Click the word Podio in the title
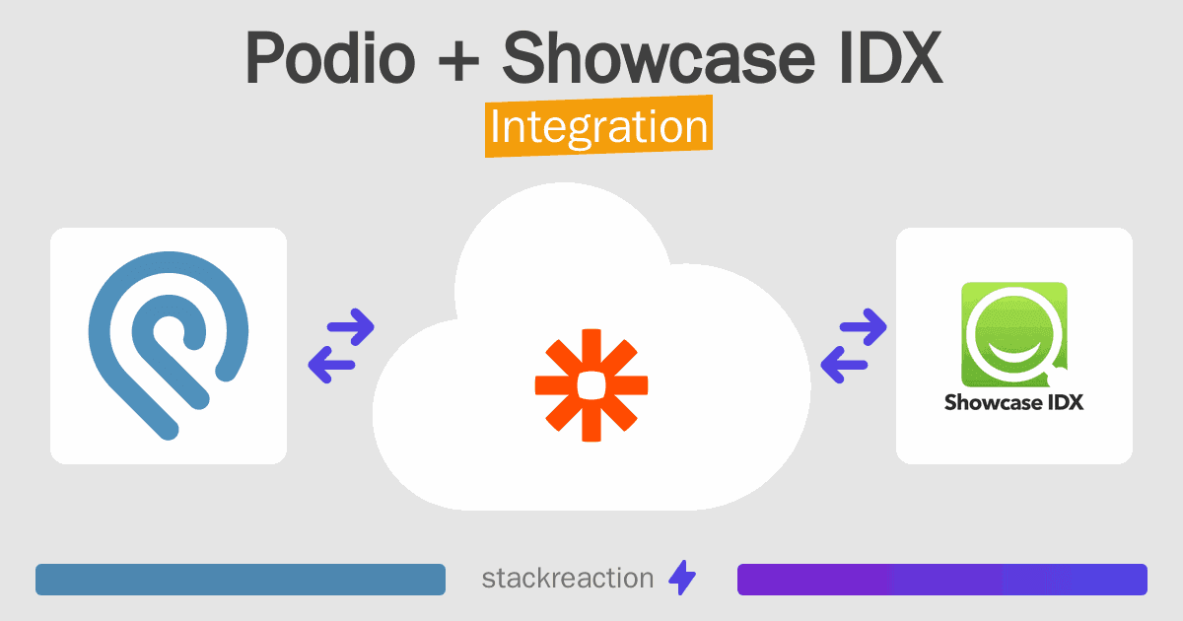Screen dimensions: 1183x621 pyautogui.click(x=330, y=57)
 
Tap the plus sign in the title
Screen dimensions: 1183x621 pyautogui.click(x=458, y=60)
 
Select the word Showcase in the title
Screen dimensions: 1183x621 pyautogui.click(x=660, y=57)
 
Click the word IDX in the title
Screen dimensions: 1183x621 pyautogui.click(x=890, y=57)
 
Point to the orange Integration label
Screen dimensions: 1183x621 pyautogui.click(x=599, y=126)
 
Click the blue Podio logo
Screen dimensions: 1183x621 pyautogui.click(x=168, y=345)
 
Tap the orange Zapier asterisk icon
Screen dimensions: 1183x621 pyautogui.click(x=591, y=385)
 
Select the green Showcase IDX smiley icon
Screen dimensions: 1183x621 pyautogui.click(x=1014, y=335)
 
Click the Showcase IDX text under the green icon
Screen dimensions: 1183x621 pyautogui.click(x=1013, y=402)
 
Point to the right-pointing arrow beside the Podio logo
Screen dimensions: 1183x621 pyautogui.click(x=351, y=327)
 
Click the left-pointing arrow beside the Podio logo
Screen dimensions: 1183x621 pyautogui.click(x=331, y=365)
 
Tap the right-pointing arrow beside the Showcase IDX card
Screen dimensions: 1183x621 pyautogui.click(x=864, y=327)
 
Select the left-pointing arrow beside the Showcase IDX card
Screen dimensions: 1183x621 pyautogui.click(x=844, y=365)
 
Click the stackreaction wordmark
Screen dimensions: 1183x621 pyautogui.click(x=568, y=579)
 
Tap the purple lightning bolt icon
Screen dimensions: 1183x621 pyautogui.click(x=682, y=578)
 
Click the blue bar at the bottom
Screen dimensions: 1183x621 pyautogui.click(x=241, y=580)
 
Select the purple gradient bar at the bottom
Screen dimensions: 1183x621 pyautogui.click(x=942, y=580)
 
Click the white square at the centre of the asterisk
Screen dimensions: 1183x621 pyautogui.click(x=591, y=385)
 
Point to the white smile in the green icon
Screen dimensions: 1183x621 pyautogui.click(x=1014, y=354)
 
